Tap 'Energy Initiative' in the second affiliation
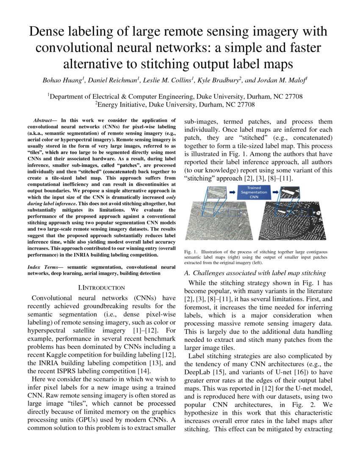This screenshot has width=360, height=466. click(x=121, y=104)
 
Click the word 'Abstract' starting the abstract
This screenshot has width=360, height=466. click(x=43, y=121)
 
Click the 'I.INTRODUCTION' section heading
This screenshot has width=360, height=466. click(x=102, y=288)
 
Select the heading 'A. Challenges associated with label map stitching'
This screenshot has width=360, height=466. click(x=255, y=273)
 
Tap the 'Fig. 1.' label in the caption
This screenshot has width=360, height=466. click(x=191, y=252)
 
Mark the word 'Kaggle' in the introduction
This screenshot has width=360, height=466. click(x=60, y=355)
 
